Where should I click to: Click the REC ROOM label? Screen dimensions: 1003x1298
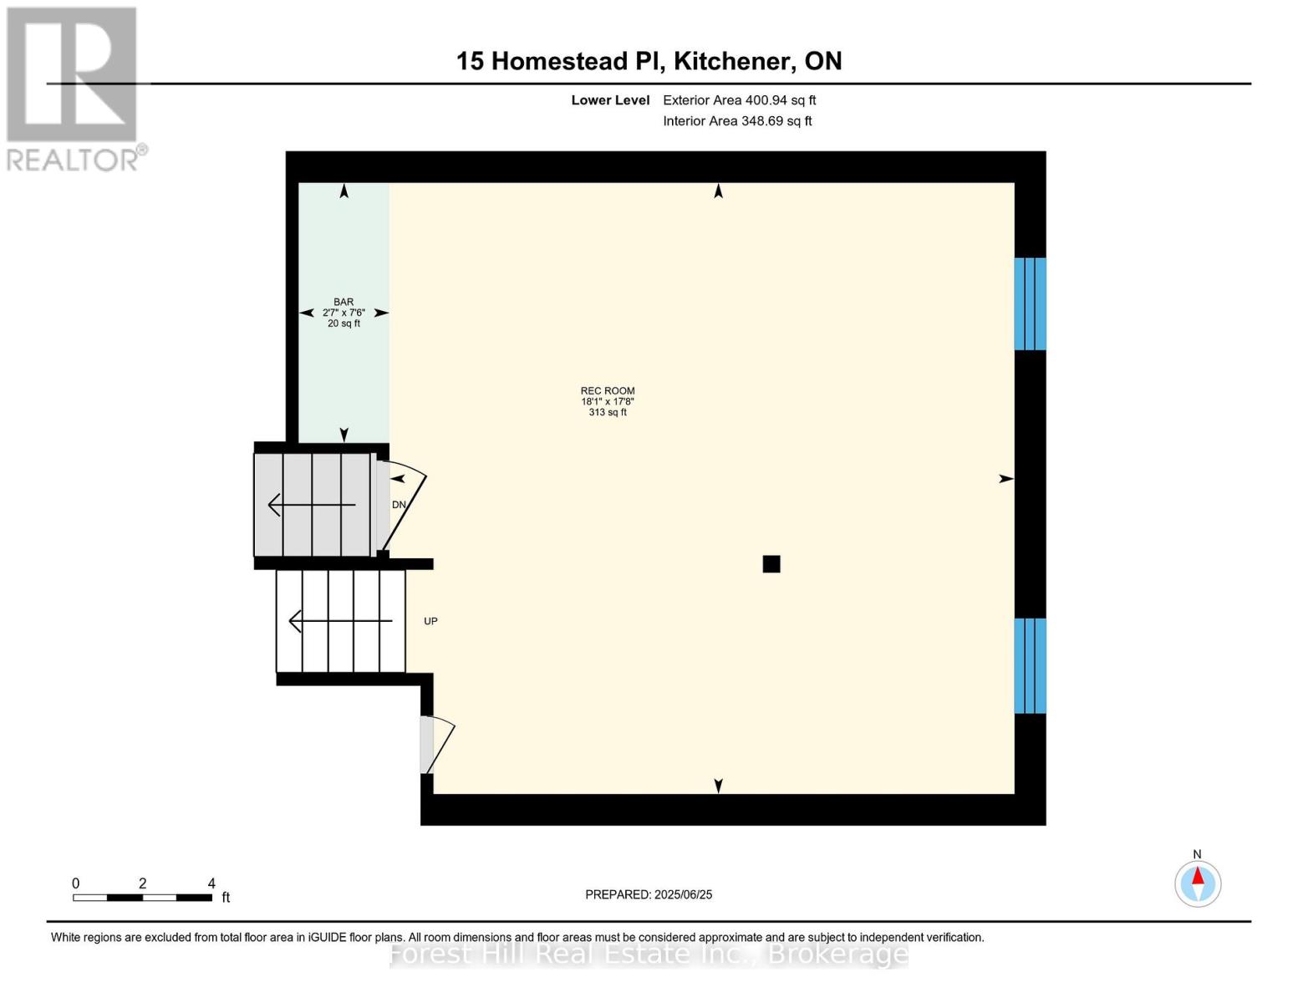point(608,390)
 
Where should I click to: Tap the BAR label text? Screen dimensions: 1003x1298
point(344,302)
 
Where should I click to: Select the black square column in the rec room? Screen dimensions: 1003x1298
point(771,564)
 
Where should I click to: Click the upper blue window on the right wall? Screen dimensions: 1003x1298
point(1030,303)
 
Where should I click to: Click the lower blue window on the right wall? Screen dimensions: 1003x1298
point(1030,665)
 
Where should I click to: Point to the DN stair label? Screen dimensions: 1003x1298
point(399,505)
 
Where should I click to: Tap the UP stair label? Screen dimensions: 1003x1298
point(430,621)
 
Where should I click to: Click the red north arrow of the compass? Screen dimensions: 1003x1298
point(1198,876)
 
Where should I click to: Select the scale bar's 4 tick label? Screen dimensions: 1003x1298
point(211,883)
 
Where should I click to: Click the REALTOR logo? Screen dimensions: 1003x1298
point(74,89)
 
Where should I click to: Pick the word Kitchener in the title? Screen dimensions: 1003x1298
point(733,61)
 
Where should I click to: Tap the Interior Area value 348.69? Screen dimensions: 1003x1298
point(762,121)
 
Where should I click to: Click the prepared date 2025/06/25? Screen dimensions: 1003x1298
point(683,894)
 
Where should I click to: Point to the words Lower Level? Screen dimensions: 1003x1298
point(610,100)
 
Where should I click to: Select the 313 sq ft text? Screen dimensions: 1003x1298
point(608,412)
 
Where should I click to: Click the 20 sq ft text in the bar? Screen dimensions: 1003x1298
point(344,323)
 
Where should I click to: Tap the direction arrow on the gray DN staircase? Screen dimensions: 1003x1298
point(311,505)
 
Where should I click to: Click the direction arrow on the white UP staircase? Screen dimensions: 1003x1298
point(339,621)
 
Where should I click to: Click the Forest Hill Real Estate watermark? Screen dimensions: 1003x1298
point(649,954)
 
